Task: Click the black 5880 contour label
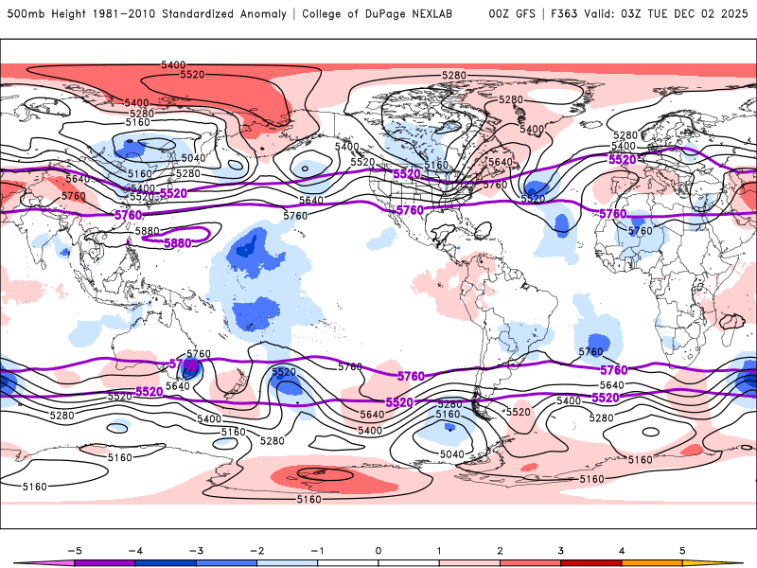147,230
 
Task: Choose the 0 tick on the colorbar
378,549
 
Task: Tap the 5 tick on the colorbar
682,549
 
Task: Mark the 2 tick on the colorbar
500,549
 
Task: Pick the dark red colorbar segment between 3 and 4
591,562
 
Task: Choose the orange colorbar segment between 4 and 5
652,562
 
